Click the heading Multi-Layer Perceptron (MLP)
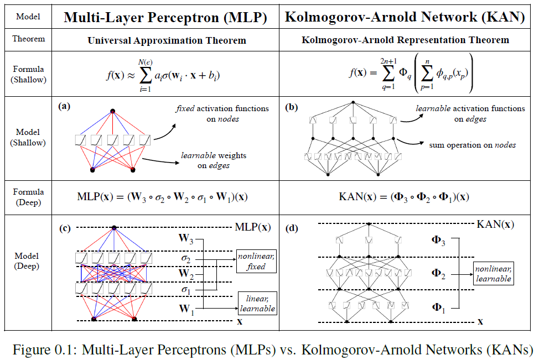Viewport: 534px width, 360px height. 165,17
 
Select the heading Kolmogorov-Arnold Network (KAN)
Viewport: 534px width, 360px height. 405,17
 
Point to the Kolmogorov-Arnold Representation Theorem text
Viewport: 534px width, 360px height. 406,40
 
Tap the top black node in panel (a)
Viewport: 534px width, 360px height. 113,111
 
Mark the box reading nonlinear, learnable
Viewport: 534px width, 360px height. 493,274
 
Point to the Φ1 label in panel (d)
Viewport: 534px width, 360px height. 437,307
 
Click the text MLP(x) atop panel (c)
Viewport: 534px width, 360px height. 253,227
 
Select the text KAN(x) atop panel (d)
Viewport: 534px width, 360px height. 495,224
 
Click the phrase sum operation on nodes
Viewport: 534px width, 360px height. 472,145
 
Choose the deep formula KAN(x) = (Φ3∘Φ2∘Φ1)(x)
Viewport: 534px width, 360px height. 405,196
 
